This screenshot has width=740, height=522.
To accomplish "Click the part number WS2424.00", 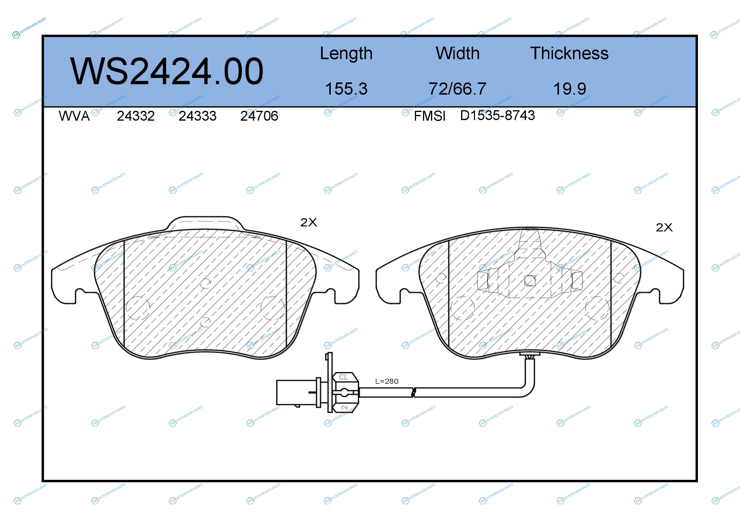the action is click(x=167, y=71).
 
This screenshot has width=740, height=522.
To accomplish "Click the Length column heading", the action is click(x=346, y=53).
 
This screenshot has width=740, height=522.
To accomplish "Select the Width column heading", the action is click(x=458, y=53).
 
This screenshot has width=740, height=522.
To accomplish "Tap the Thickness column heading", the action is click(x=569, y=53).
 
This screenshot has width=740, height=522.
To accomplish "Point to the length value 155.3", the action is click(x=346, y=89).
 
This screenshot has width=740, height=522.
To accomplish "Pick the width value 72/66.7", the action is click(x=457, y=89).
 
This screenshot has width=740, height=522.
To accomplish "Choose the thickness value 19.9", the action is click(x=569, y=89).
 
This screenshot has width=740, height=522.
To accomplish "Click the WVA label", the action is click(x=74, y=116).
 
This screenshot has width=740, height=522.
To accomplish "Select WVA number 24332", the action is click(x=136, y=116).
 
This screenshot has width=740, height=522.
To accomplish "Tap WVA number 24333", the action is click(x=197, y=116).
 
